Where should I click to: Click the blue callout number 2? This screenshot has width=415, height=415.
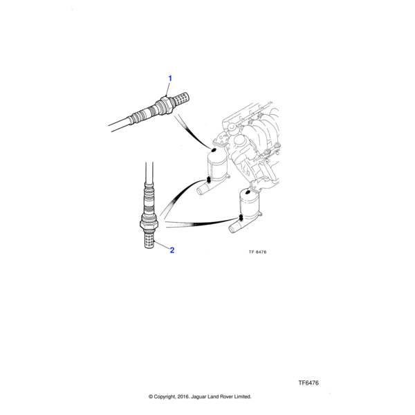click(172, 250)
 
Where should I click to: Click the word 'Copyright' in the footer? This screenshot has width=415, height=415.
click(172, 397)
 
